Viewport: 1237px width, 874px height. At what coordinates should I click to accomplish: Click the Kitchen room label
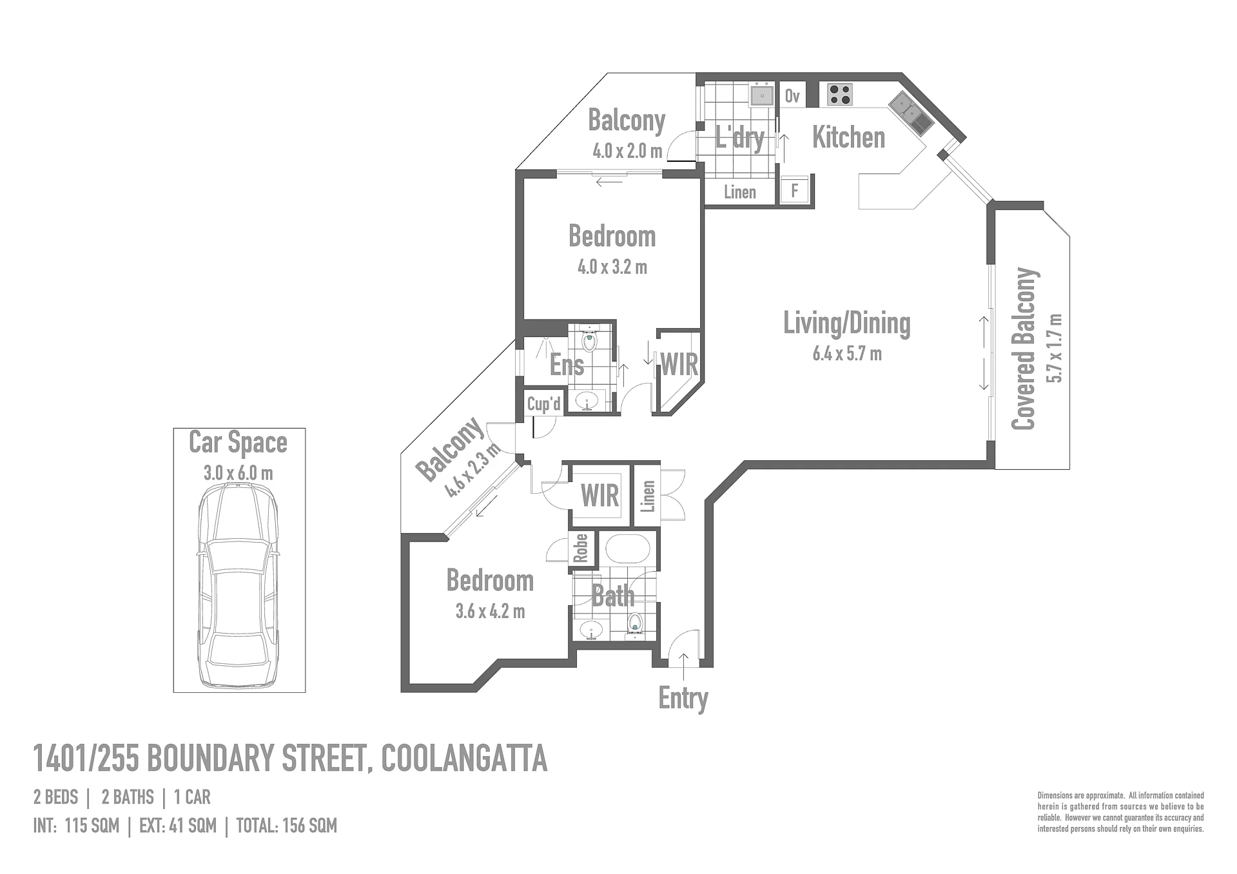848,137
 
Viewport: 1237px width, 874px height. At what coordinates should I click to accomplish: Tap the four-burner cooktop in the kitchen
840,95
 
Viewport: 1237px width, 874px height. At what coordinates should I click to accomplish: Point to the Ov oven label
792,96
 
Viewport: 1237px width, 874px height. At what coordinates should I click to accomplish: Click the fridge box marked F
794,191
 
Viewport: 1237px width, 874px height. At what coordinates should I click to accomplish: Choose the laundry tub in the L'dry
762,95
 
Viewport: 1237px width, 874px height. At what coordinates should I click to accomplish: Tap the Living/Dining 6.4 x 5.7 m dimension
847,354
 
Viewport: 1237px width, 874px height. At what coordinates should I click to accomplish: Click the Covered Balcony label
1024,349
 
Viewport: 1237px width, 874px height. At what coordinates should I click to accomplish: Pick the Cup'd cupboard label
544,404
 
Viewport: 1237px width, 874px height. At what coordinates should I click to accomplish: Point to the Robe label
581,549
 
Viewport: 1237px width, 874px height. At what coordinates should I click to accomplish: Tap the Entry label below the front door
683,698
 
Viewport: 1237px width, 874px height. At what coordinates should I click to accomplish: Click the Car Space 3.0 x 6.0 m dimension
239,473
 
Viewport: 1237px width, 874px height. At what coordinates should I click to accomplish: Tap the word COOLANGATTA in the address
464,758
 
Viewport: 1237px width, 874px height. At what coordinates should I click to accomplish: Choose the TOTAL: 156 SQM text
287,826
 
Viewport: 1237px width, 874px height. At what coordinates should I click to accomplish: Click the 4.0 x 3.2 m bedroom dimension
612,267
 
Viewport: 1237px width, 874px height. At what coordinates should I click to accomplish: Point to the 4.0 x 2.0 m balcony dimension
627,151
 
